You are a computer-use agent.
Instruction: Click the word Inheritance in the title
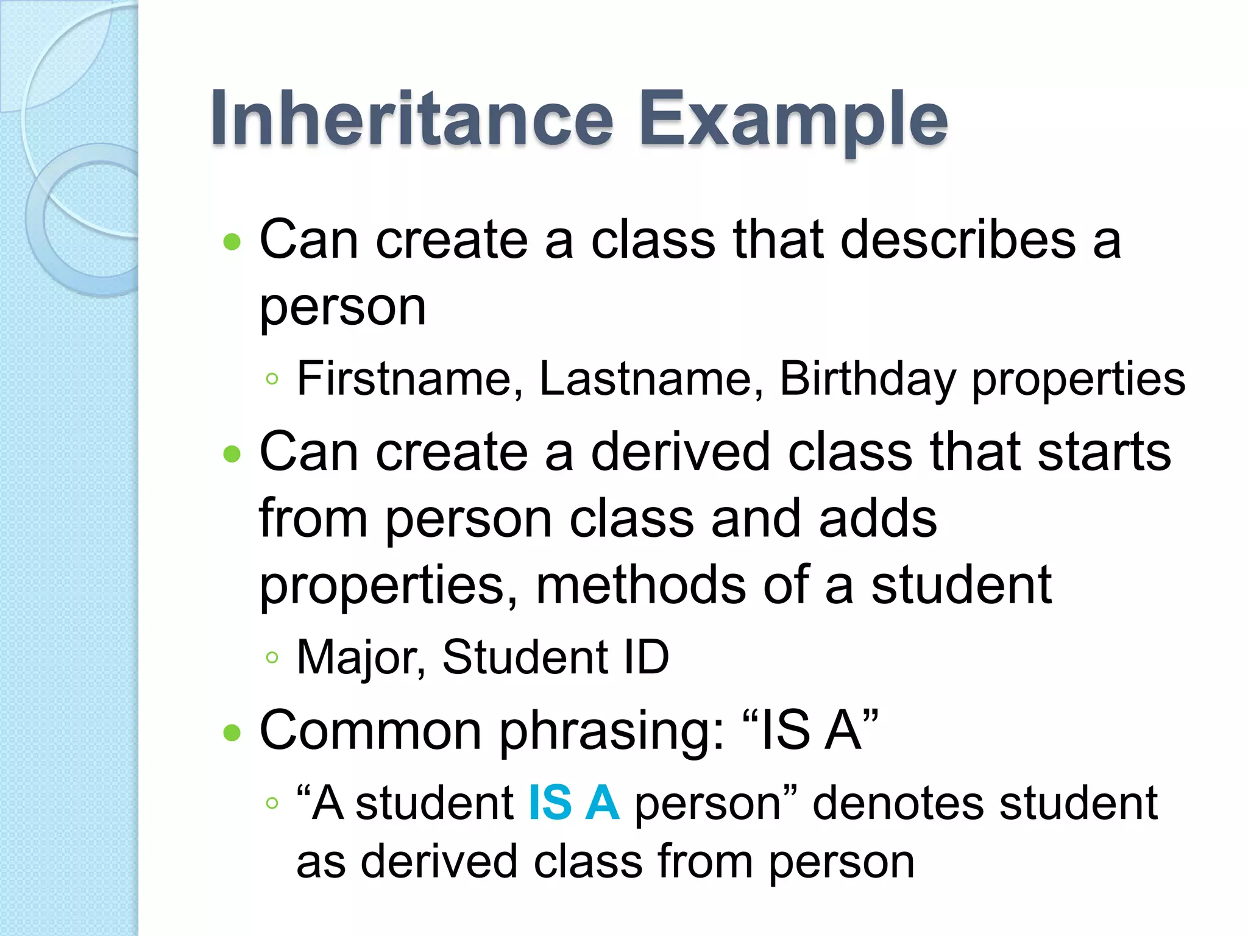coord(411,119)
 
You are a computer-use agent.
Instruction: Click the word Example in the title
coord(792,119)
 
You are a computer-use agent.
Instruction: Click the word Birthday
coord(868,379)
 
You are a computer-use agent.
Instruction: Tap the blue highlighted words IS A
coord(573,803)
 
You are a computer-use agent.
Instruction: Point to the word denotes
coord(898,803)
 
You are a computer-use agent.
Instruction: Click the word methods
coord(640,585)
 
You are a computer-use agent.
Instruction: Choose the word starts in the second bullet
coord(1104,452)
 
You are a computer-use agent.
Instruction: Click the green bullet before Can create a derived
coord(232,454)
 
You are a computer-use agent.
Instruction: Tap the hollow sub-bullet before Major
coord(272,658)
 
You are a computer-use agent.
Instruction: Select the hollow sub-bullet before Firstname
coord(272,379)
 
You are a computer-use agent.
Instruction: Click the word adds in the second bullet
coord(877,519)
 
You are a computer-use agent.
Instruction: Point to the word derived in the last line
coord(439,862)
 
